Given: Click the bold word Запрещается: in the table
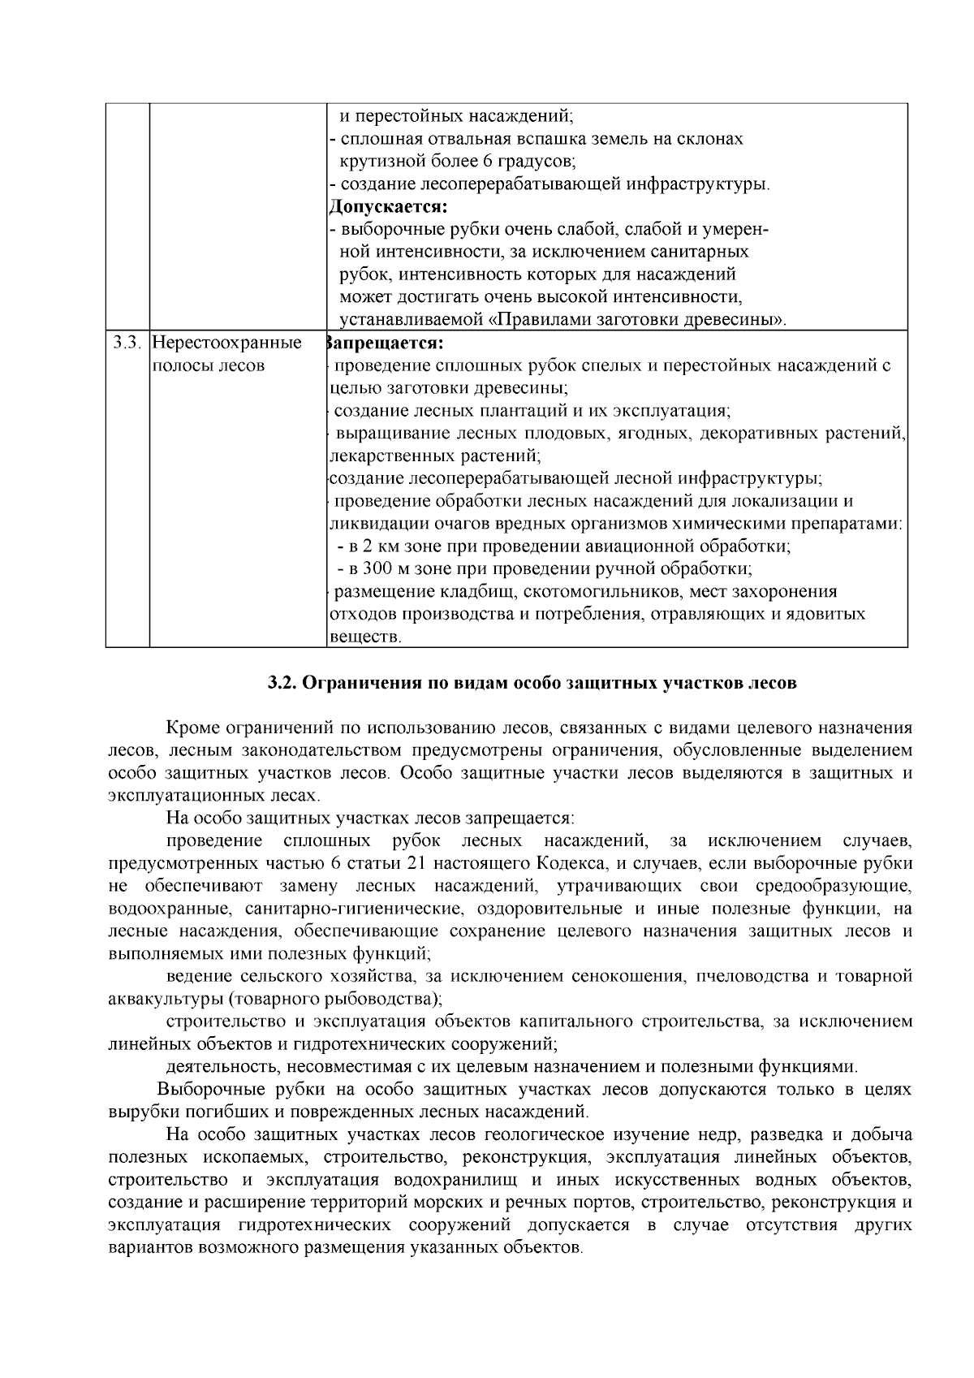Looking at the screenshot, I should [x=384, y=343].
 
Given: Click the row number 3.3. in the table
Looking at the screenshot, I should [x=127, y=343].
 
